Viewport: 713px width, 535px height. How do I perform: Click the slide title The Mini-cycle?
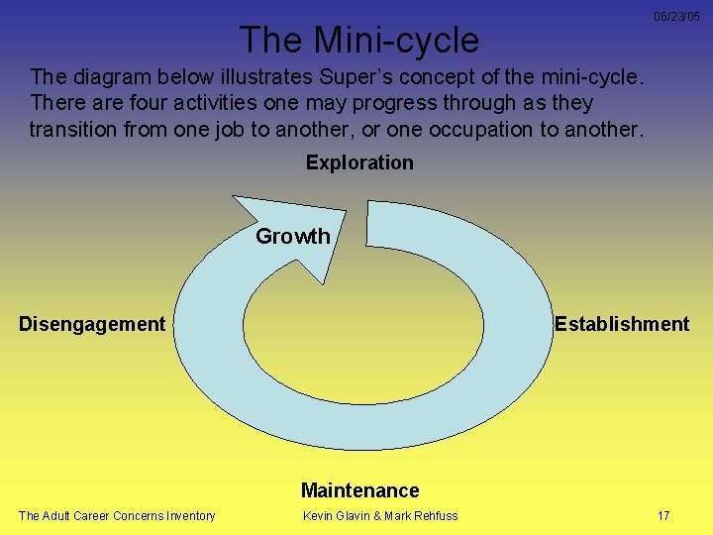(358, 40)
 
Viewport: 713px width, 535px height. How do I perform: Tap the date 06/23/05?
(676, 17)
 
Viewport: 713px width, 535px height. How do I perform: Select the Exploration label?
(359, 162)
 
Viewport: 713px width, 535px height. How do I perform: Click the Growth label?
(293, 236)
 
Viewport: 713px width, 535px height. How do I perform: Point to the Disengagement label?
(92, 324)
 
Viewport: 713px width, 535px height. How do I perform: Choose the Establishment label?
(622, 324)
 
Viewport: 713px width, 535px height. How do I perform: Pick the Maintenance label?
(360, 490)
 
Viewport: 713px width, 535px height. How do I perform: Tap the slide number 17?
(663, 515)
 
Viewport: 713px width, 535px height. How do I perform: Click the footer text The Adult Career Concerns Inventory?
(117, 515)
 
